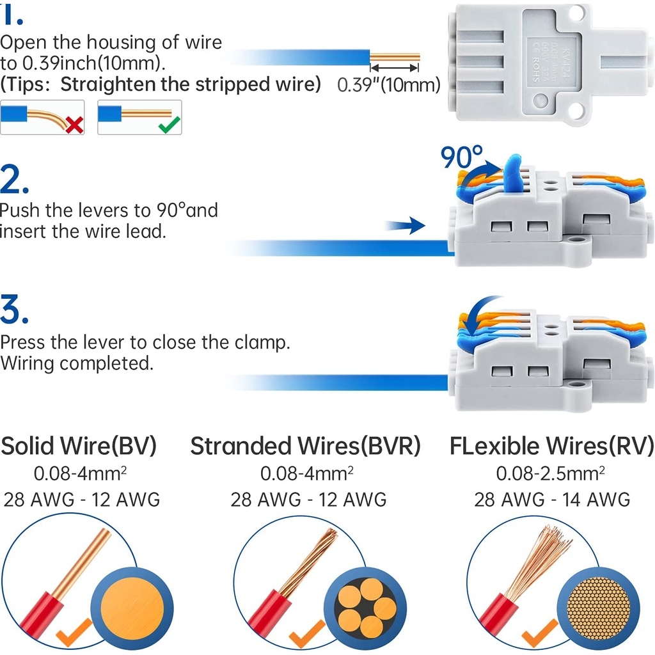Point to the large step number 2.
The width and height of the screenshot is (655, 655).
tap(14, 181)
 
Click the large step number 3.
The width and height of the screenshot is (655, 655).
tap(14, 311)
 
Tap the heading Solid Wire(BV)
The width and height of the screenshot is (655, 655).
tap(79, 446)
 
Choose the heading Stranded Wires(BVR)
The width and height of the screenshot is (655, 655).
tap(306, 446)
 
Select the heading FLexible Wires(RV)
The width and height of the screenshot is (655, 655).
tap(551, 446)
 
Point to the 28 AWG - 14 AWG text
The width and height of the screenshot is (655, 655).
tap(551, 499)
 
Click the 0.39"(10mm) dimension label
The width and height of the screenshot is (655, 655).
tap(389, 84)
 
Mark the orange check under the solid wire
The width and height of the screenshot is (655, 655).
tap(71, 634)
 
